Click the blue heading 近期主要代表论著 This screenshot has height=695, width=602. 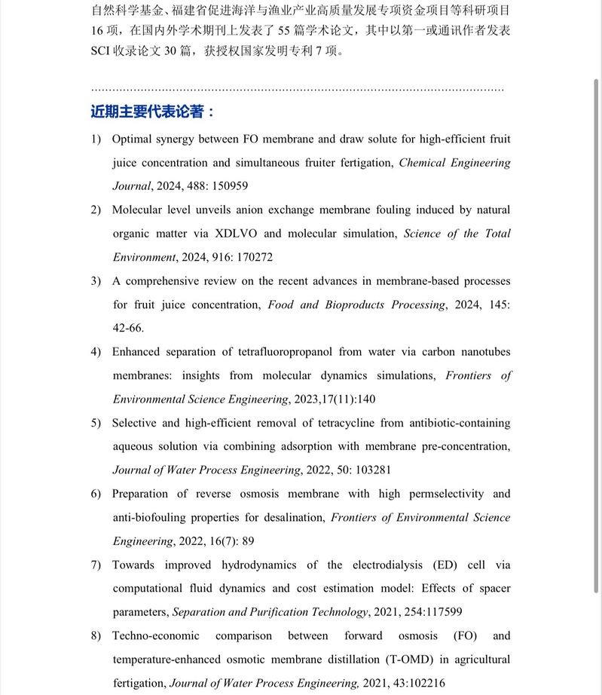[152, 112]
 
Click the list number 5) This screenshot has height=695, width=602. [96, 423]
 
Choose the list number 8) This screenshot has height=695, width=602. [96, 636]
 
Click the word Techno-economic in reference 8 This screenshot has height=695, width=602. [154, 636]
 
